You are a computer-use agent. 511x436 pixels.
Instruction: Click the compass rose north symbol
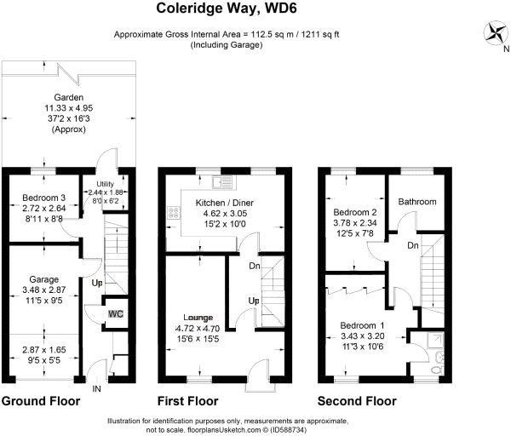[497, 33]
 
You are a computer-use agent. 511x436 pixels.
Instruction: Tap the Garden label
[69, 97]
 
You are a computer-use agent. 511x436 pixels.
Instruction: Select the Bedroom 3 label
[44, 198]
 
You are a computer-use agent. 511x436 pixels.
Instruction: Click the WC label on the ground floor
[116, 314]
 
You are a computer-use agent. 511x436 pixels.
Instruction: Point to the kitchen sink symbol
[222, 182]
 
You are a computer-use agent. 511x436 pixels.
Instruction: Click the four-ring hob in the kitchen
[175, 212]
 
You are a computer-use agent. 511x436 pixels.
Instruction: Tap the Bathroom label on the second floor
[417, 202]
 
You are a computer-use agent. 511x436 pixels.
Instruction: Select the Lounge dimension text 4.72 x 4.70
[198, 329]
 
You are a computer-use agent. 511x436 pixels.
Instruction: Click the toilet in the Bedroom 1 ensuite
[436, 370]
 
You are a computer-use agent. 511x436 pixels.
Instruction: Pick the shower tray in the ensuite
[433, 341]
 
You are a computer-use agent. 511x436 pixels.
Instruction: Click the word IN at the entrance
[97, 389]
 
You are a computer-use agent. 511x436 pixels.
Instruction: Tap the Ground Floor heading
[41, 401]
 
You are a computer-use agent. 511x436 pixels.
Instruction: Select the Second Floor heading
[357, 401]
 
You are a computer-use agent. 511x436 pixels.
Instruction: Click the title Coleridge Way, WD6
[227, 9]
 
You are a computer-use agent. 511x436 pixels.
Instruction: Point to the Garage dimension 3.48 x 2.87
[44, 290]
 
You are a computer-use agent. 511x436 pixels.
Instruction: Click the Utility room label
[106, 184]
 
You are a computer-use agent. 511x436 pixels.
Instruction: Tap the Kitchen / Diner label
[225, 203]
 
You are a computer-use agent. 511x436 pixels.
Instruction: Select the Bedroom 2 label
[355, 212]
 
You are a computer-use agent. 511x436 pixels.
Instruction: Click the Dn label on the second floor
[413, 245]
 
